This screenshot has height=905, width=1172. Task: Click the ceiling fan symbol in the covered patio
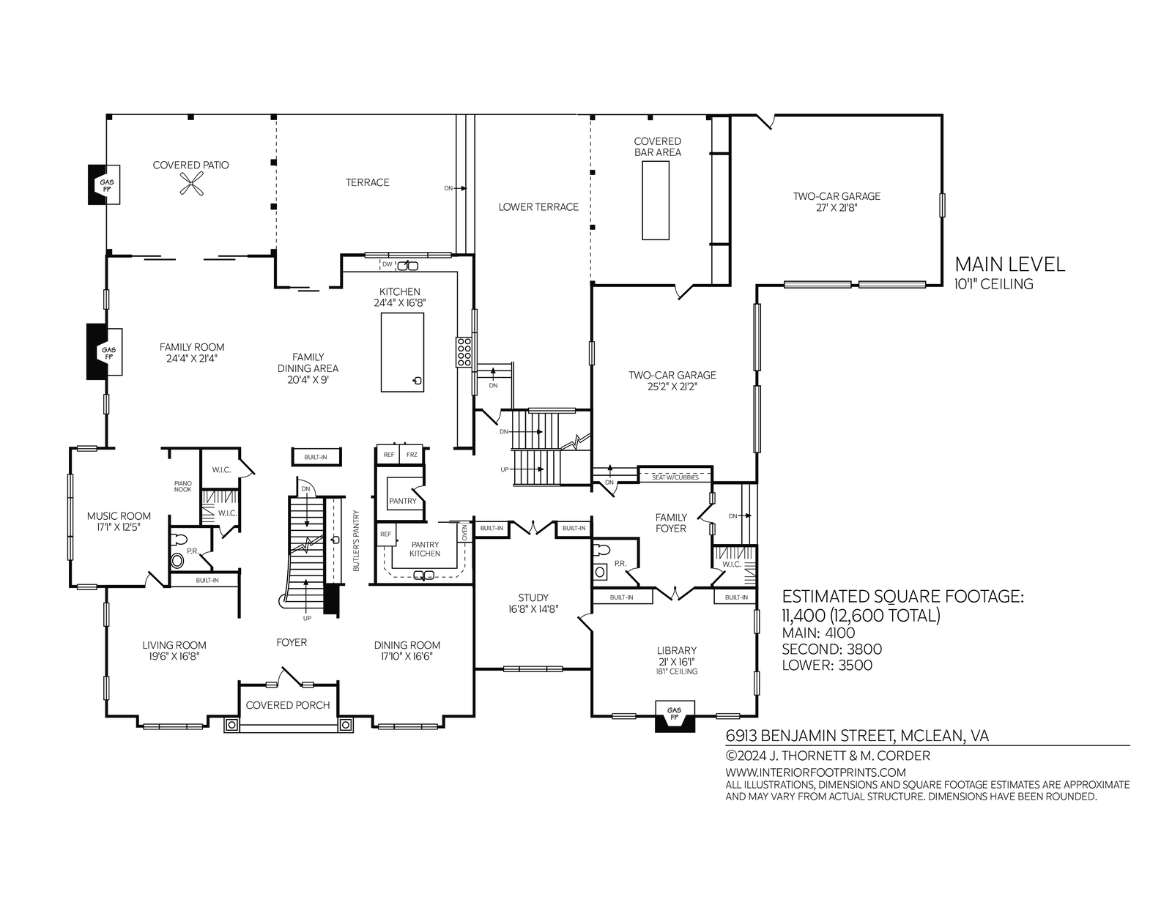coord(191,185)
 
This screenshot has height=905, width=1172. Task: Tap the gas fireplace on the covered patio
coord(104,185)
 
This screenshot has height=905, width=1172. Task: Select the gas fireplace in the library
coord(674,716)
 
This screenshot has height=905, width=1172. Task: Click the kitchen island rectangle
coord(402,352)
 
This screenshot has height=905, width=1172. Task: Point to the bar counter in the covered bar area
coord(656,200)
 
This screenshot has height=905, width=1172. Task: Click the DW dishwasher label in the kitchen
coord(387,264)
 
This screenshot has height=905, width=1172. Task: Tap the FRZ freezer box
coord(412,455)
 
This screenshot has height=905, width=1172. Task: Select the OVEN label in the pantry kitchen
coord(464,532)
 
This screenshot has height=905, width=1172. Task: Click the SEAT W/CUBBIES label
coord(675,477)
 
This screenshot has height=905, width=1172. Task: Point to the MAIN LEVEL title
coord(1010,264)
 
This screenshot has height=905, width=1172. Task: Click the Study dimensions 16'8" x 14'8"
coord(533,609)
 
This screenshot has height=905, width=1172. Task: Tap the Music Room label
coord(119,515)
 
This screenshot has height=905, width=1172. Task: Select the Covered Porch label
coord(287,705)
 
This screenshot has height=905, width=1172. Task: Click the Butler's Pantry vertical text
coord(356,540)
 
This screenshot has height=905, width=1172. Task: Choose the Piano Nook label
coord(183,486)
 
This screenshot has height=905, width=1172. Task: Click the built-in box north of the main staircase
coord(316,457)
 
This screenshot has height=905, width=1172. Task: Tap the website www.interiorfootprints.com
coord(815,772)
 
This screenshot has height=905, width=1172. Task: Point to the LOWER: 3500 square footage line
coord(827,665)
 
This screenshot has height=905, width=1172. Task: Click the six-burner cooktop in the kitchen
coord(464,352)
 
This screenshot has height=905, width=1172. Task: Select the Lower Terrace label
coord(538,207)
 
